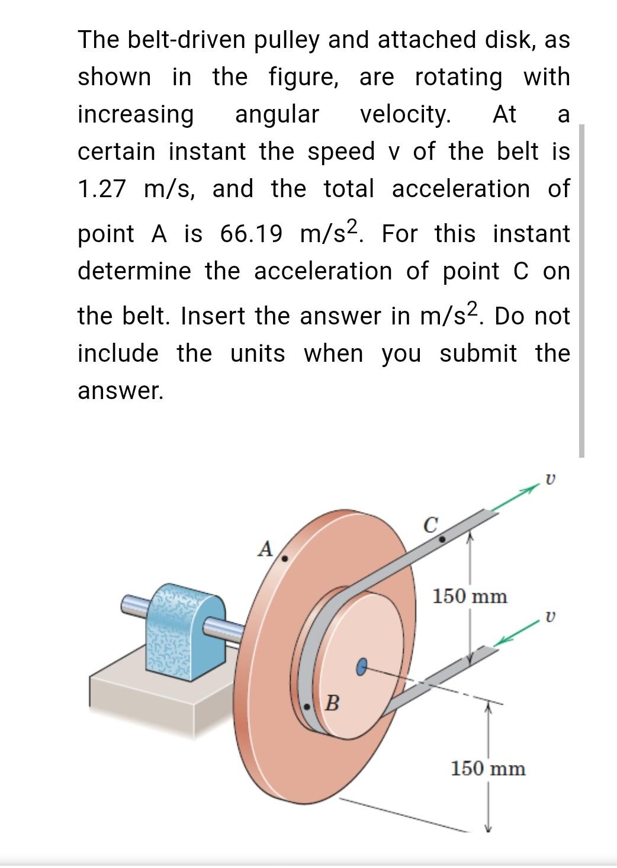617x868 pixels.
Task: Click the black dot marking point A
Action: [x=284, y=558]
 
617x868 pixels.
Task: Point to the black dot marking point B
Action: [x=307, y=707]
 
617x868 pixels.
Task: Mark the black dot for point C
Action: [x=441, y=539]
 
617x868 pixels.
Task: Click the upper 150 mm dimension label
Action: [x=470, y=596]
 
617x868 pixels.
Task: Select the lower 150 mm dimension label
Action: [x=488, y=769]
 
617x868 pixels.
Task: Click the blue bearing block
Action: [x=188, y=632]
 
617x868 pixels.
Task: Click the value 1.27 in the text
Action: [x=102, y=189]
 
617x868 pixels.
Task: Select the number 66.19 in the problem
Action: [x=250, y=234]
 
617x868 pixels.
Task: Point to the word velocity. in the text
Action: [x=406, y=114]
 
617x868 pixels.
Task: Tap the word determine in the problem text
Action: [x=135, y=271]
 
